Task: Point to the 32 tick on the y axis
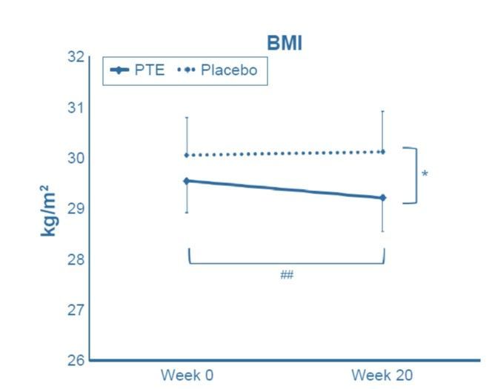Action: (72, 56)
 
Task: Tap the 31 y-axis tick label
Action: (72, 107)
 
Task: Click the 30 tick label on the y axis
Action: (72, 158)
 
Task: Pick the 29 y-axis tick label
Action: (72, 208)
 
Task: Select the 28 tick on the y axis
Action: (72, 259)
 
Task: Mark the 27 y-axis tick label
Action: (72, 310)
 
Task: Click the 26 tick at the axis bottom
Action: (72, 360)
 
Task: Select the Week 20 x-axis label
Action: (382, 374)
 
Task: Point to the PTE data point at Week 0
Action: (187, 180)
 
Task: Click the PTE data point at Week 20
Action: (382, 198)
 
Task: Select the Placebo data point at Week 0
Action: (187, 155)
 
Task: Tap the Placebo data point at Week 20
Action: (382, 152)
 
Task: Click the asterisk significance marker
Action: (425, 175)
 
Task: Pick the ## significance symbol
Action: (287, 276)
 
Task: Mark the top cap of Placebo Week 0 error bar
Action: (187, 117)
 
